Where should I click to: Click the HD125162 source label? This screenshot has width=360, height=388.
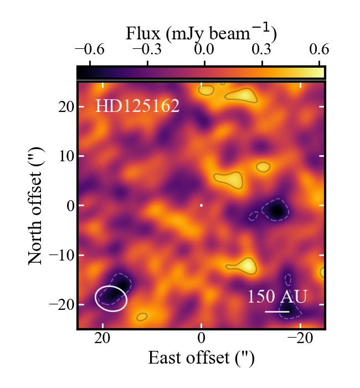[x=137, y=106]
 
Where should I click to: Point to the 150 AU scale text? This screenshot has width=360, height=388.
[x=277, y=297]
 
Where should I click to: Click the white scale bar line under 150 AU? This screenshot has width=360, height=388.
[x=277, y=312]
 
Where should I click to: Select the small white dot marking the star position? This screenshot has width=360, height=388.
[x=201, y=206]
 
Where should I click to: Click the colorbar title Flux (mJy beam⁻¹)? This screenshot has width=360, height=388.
[x=201, y=35]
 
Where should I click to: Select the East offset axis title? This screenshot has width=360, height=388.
[x=201, y=358]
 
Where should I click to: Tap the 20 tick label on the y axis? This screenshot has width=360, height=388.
[x=66, y=106]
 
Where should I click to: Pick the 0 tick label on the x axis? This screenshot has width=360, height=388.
[x=202, y=339]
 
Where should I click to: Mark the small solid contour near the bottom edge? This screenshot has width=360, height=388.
[x=142, y=317]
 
